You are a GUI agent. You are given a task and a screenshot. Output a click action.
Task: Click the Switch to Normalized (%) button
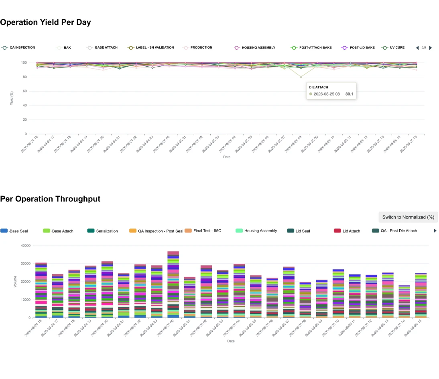point(408,217)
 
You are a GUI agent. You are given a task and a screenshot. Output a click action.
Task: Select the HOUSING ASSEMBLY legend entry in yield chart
point(255,48)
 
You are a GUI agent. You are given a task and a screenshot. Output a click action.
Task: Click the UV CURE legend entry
point(393,48)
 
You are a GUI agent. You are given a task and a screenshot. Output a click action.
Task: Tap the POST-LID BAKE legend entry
point(358,48)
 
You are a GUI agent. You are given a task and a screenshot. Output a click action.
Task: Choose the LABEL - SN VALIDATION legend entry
point(150,48)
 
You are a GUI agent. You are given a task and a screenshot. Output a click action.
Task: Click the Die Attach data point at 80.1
point(301,77)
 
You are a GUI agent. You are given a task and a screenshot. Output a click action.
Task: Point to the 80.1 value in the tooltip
point(349,94)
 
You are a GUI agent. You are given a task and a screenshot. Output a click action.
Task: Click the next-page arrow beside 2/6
point(431,48)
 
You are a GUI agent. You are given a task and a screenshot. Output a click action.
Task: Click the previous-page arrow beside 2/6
point(417,48)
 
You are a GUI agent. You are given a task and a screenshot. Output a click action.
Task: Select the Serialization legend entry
point(102,231)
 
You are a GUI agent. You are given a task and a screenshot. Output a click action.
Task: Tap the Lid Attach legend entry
point(347,231)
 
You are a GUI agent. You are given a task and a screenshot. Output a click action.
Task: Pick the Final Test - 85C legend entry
point(203,231)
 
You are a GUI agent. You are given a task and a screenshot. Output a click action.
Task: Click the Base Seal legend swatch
point(4,231)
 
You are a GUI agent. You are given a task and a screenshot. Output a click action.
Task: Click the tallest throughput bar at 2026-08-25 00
point(173,285)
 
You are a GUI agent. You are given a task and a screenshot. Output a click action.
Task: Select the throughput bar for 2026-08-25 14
point(404,302)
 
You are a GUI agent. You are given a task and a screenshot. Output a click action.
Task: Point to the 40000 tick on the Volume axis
point(26,246)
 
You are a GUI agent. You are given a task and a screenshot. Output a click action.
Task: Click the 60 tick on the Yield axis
point(25,91)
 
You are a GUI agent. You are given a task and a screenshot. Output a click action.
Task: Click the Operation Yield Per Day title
point(45,22)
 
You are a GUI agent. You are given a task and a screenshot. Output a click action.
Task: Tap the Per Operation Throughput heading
point(50,199)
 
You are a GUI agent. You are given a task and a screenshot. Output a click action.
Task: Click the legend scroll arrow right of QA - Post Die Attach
point(435,231)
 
